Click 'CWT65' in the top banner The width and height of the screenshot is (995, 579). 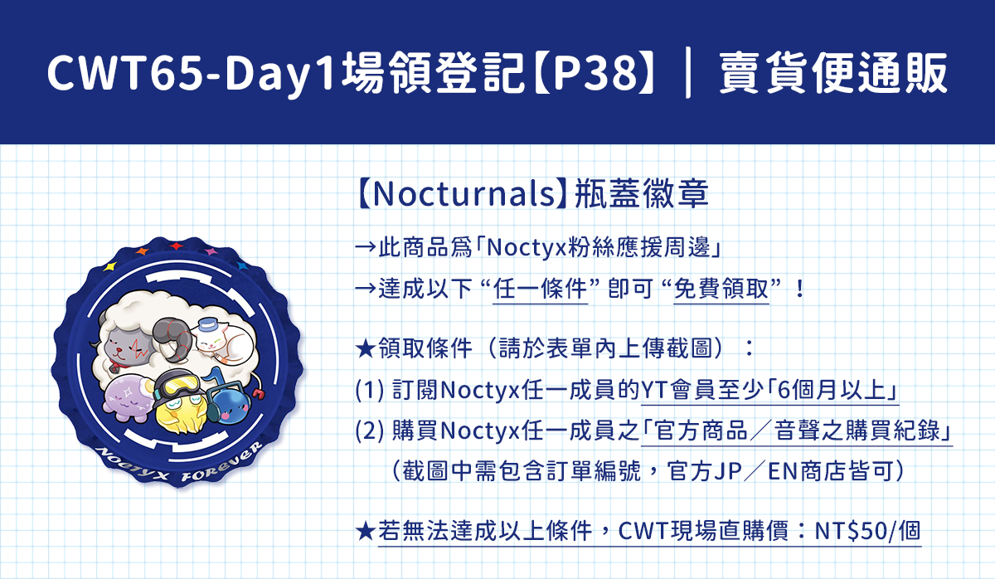point(127,73)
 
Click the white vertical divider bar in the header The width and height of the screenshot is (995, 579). point(688,73)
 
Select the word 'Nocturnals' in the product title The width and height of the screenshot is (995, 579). point(464,194)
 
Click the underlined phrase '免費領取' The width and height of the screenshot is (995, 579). point(721,289)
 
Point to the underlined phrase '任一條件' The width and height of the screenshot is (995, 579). point(540,289)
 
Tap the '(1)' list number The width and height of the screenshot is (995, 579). point(370,391)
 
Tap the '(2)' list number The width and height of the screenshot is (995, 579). point(370,431)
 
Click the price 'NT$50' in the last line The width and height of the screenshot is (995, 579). point(851,531)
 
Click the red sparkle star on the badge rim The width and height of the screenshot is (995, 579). point(176,246)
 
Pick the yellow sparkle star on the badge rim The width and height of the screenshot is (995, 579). point(109,266)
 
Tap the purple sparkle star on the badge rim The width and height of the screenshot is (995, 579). point(211,251)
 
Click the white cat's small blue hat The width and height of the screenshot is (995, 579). point(207,325)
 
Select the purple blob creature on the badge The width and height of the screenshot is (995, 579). point(129,397)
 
